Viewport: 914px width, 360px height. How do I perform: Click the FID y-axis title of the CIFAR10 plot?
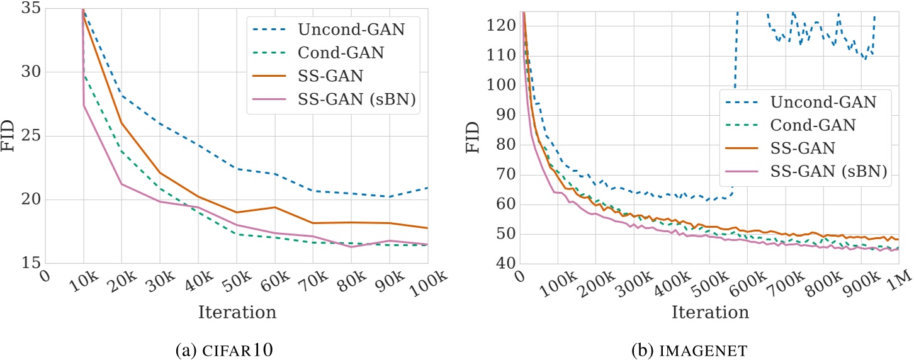point(9,137)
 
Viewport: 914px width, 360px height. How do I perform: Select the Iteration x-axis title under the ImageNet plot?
point(710,312)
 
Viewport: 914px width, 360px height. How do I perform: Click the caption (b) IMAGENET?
point(710,347)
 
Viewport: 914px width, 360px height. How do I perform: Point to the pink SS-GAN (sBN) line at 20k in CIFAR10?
point(121,184)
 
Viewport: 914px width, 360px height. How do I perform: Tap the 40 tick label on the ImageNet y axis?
point(504,264)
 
